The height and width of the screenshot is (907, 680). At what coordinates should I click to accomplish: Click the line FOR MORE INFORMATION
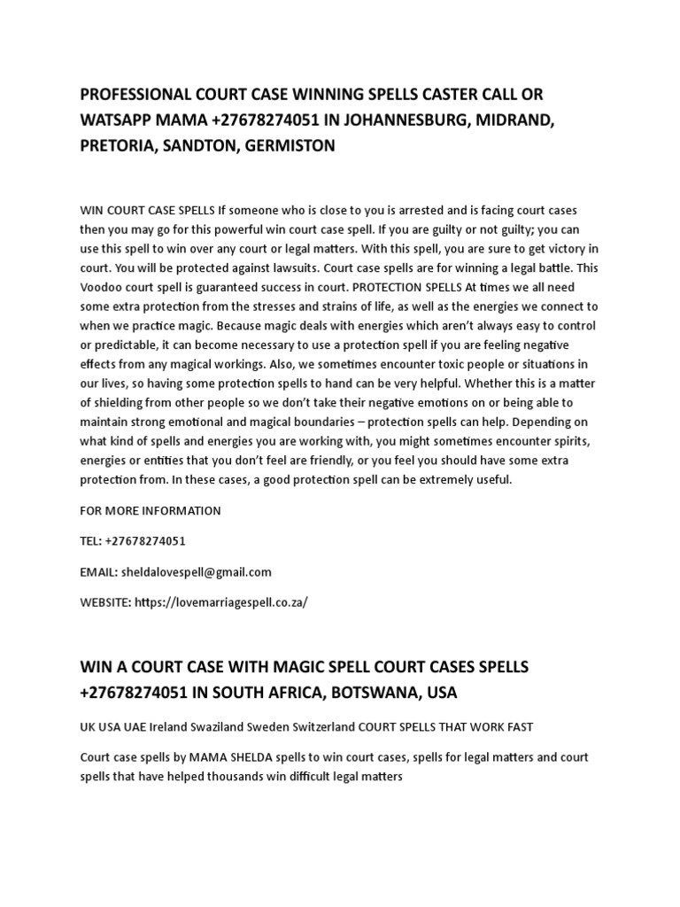[x=151, y=511]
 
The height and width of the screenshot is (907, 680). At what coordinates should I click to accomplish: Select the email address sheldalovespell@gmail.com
[x=203, y=571]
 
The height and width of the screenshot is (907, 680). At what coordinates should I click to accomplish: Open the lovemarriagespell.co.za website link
[x=221, y=601]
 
